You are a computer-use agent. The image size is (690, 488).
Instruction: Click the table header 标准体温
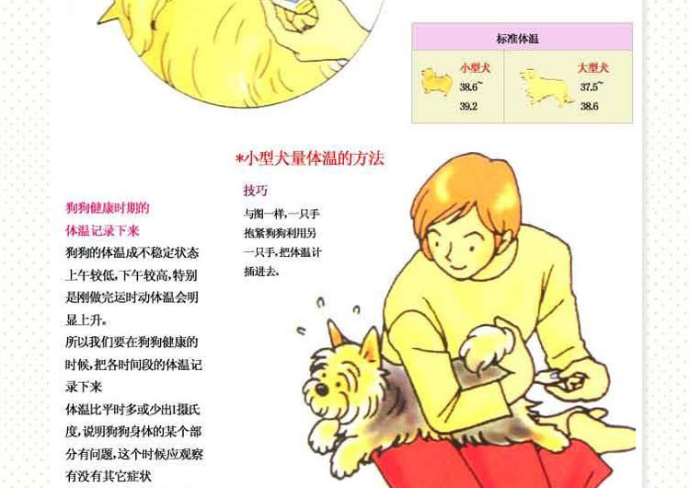click(517, 39)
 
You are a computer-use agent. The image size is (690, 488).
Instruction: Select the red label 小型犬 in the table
click(476, 67)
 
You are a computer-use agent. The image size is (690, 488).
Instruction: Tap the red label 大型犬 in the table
click(593, 67)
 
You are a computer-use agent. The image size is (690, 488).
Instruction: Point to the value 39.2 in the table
click(468, 106)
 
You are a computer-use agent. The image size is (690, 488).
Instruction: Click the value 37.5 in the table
click(589, 87)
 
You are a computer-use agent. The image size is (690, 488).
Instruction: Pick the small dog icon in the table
click(436, 81)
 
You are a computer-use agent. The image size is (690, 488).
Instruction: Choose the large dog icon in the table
click(546, 87)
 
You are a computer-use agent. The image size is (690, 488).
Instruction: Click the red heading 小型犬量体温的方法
click(315, 158)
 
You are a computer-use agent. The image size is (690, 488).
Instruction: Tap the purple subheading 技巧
click(256, 191)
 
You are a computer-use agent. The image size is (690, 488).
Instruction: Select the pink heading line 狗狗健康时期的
click(108, 207)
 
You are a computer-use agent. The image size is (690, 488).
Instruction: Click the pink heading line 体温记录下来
click(102, 230)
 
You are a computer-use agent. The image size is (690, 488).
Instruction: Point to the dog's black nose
click(322, 389)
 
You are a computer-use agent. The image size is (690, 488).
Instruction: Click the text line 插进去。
click(262, 272)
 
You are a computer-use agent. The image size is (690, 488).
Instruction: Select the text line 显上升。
click(86, 320)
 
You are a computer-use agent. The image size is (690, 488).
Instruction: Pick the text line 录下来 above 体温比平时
click(84, 387)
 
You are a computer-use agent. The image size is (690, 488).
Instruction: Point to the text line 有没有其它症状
click(109, 476)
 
